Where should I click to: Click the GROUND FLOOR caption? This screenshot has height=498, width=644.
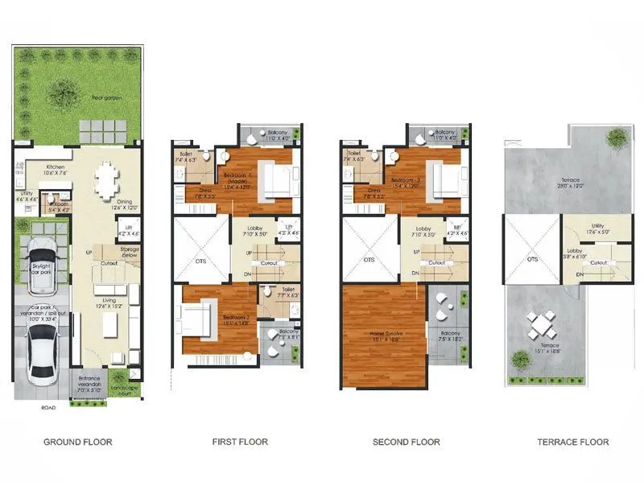coord(77,442)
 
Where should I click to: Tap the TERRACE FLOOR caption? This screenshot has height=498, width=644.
coord(573,442)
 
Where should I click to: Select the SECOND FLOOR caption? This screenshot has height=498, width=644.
coord(406,442)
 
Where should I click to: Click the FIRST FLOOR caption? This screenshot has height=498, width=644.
coord(240,442)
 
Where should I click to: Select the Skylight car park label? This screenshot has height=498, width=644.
coord(41,268)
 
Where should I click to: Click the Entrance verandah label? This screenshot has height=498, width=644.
coord(89,381)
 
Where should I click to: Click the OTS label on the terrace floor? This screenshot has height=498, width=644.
coord(531,259)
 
